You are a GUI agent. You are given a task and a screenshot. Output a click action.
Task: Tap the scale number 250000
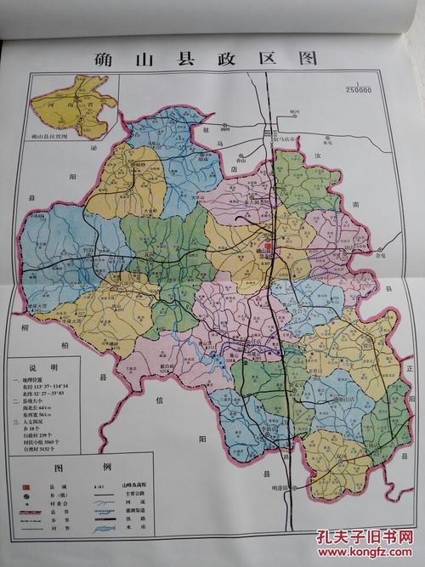click(358, 91)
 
